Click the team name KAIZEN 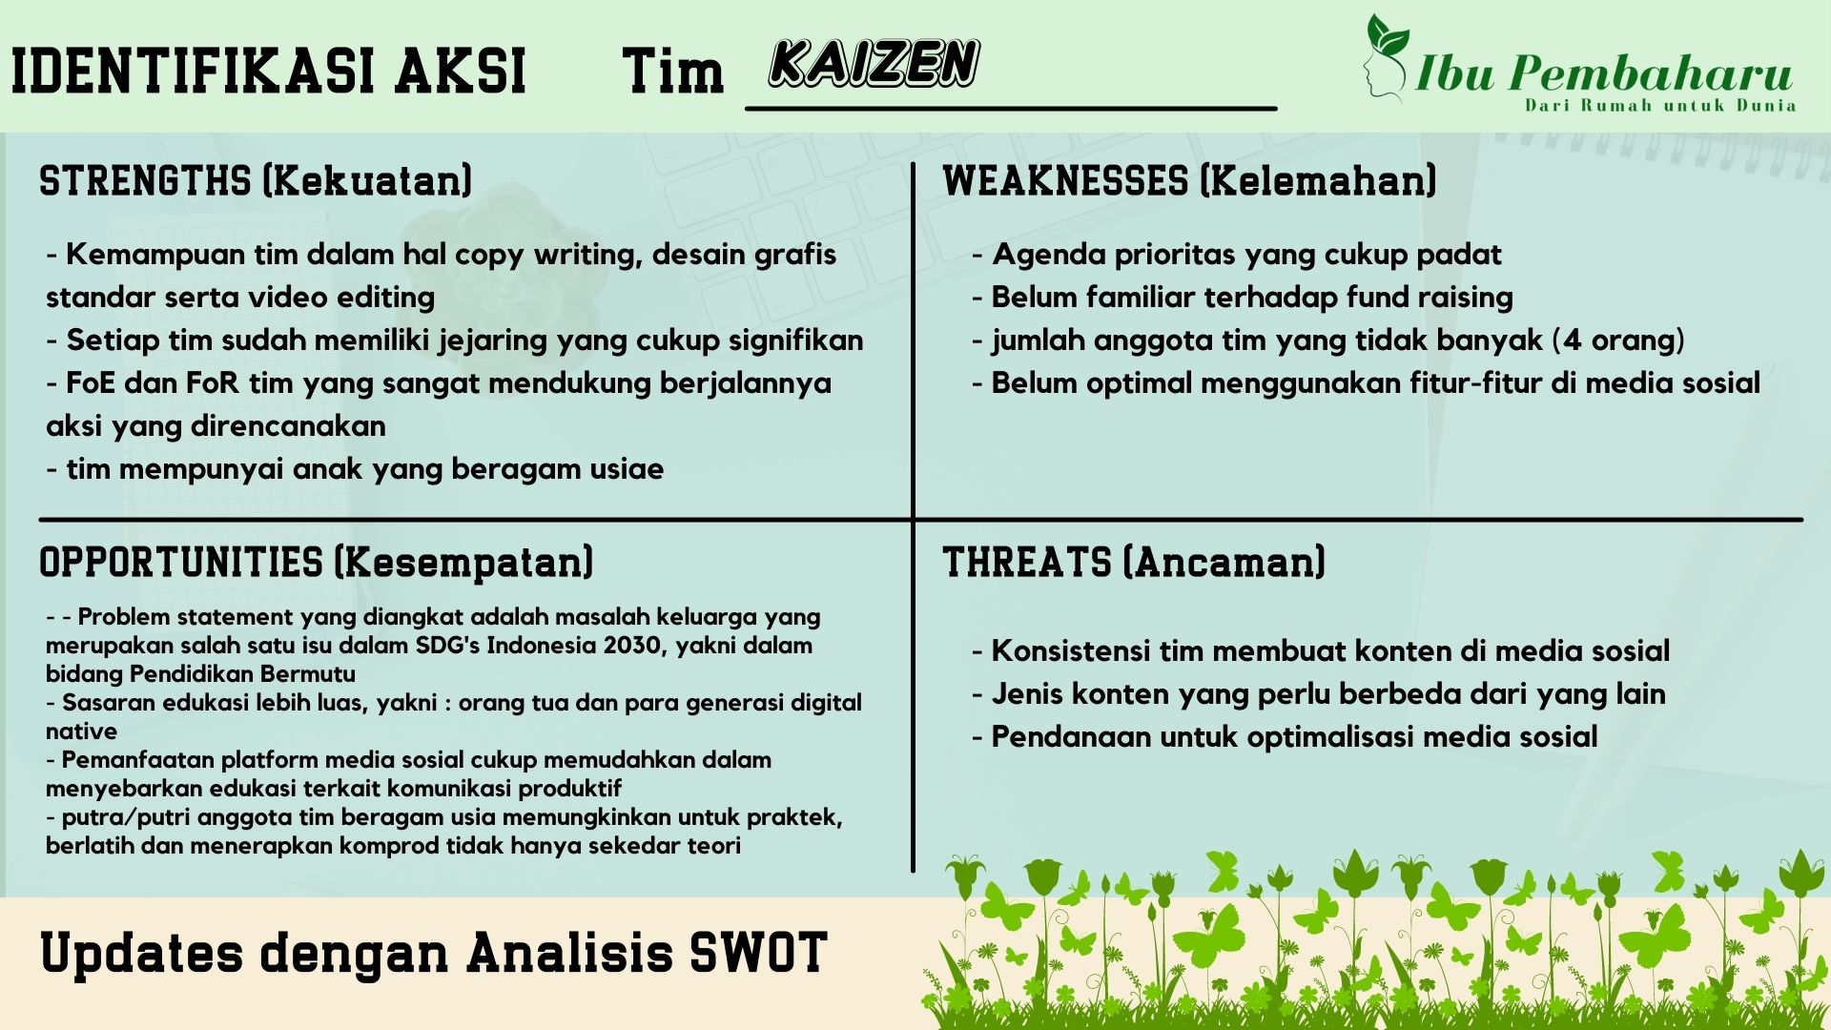874,64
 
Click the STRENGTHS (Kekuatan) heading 256,180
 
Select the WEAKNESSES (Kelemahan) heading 1189,180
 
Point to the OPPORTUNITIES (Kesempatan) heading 316,562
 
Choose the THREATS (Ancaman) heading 1134,562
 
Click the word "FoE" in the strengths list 91,383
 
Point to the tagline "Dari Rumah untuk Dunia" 1660,105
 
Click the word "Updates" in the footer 141,954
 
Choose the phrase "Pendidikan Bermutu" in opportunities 242,674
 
